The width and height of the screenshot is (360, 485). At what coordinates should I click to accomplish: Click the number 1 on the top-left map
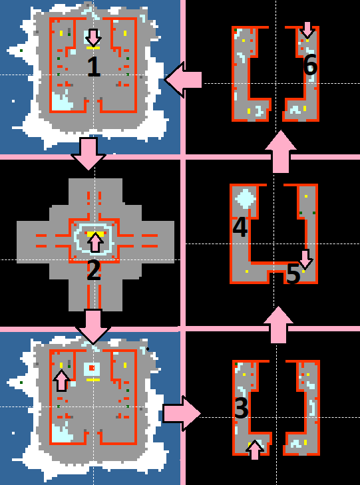point(94,67)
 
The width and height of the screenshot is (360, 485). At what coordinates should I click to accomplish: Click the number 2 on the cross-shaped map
point(94,271)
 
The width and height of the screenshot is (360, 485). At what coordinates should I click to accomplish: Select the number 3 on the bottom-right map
point(242,409)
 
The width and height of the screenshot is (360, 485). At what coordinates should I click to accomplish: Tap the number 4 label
point(240,228)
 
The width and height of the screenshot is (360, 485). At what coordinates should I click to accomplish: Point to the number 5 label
point(293,274)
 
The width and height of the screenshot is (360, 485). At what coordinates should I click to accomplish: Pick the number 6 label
point(310,66)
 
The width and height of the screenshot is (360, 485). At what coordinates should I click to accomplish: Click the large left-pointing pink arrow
point(183,80)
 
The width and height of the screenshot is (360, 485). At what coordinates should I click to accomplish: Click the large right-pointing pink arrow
point(182,413)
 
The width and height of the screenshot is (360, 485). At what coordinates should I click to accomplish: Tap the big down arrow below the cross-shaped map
point(92,327)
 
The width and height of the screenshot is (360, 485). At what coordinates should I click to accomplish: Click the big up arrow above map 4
point(281,152)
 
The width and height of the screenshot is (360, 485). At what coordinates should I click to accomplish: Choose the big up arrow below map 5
point(278,325)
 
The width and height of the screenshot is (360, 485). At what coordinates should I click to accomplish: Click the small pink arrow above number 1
point(93,38)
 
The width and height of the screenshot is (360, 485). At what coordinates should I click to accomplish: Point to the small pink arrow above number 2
point(96,242)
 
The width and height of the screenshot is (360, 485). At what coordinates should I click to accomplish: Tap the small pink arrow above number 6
point(307,30)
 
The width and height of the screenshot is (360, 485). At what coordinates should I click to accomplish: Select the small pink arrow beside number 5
point(305,259)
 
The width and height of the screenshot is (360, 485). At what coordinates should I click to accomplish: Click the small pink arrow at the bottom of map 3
point(255,450)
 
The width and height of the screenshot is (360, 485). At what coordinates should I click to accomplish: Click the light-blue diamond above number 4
point(246,199)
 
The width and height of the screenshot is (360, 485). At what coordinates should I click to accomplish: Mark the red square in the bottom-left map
point(92,368)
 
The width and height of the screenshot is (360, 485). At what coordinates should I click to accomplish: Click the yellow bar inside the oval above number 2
point(93,234)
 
